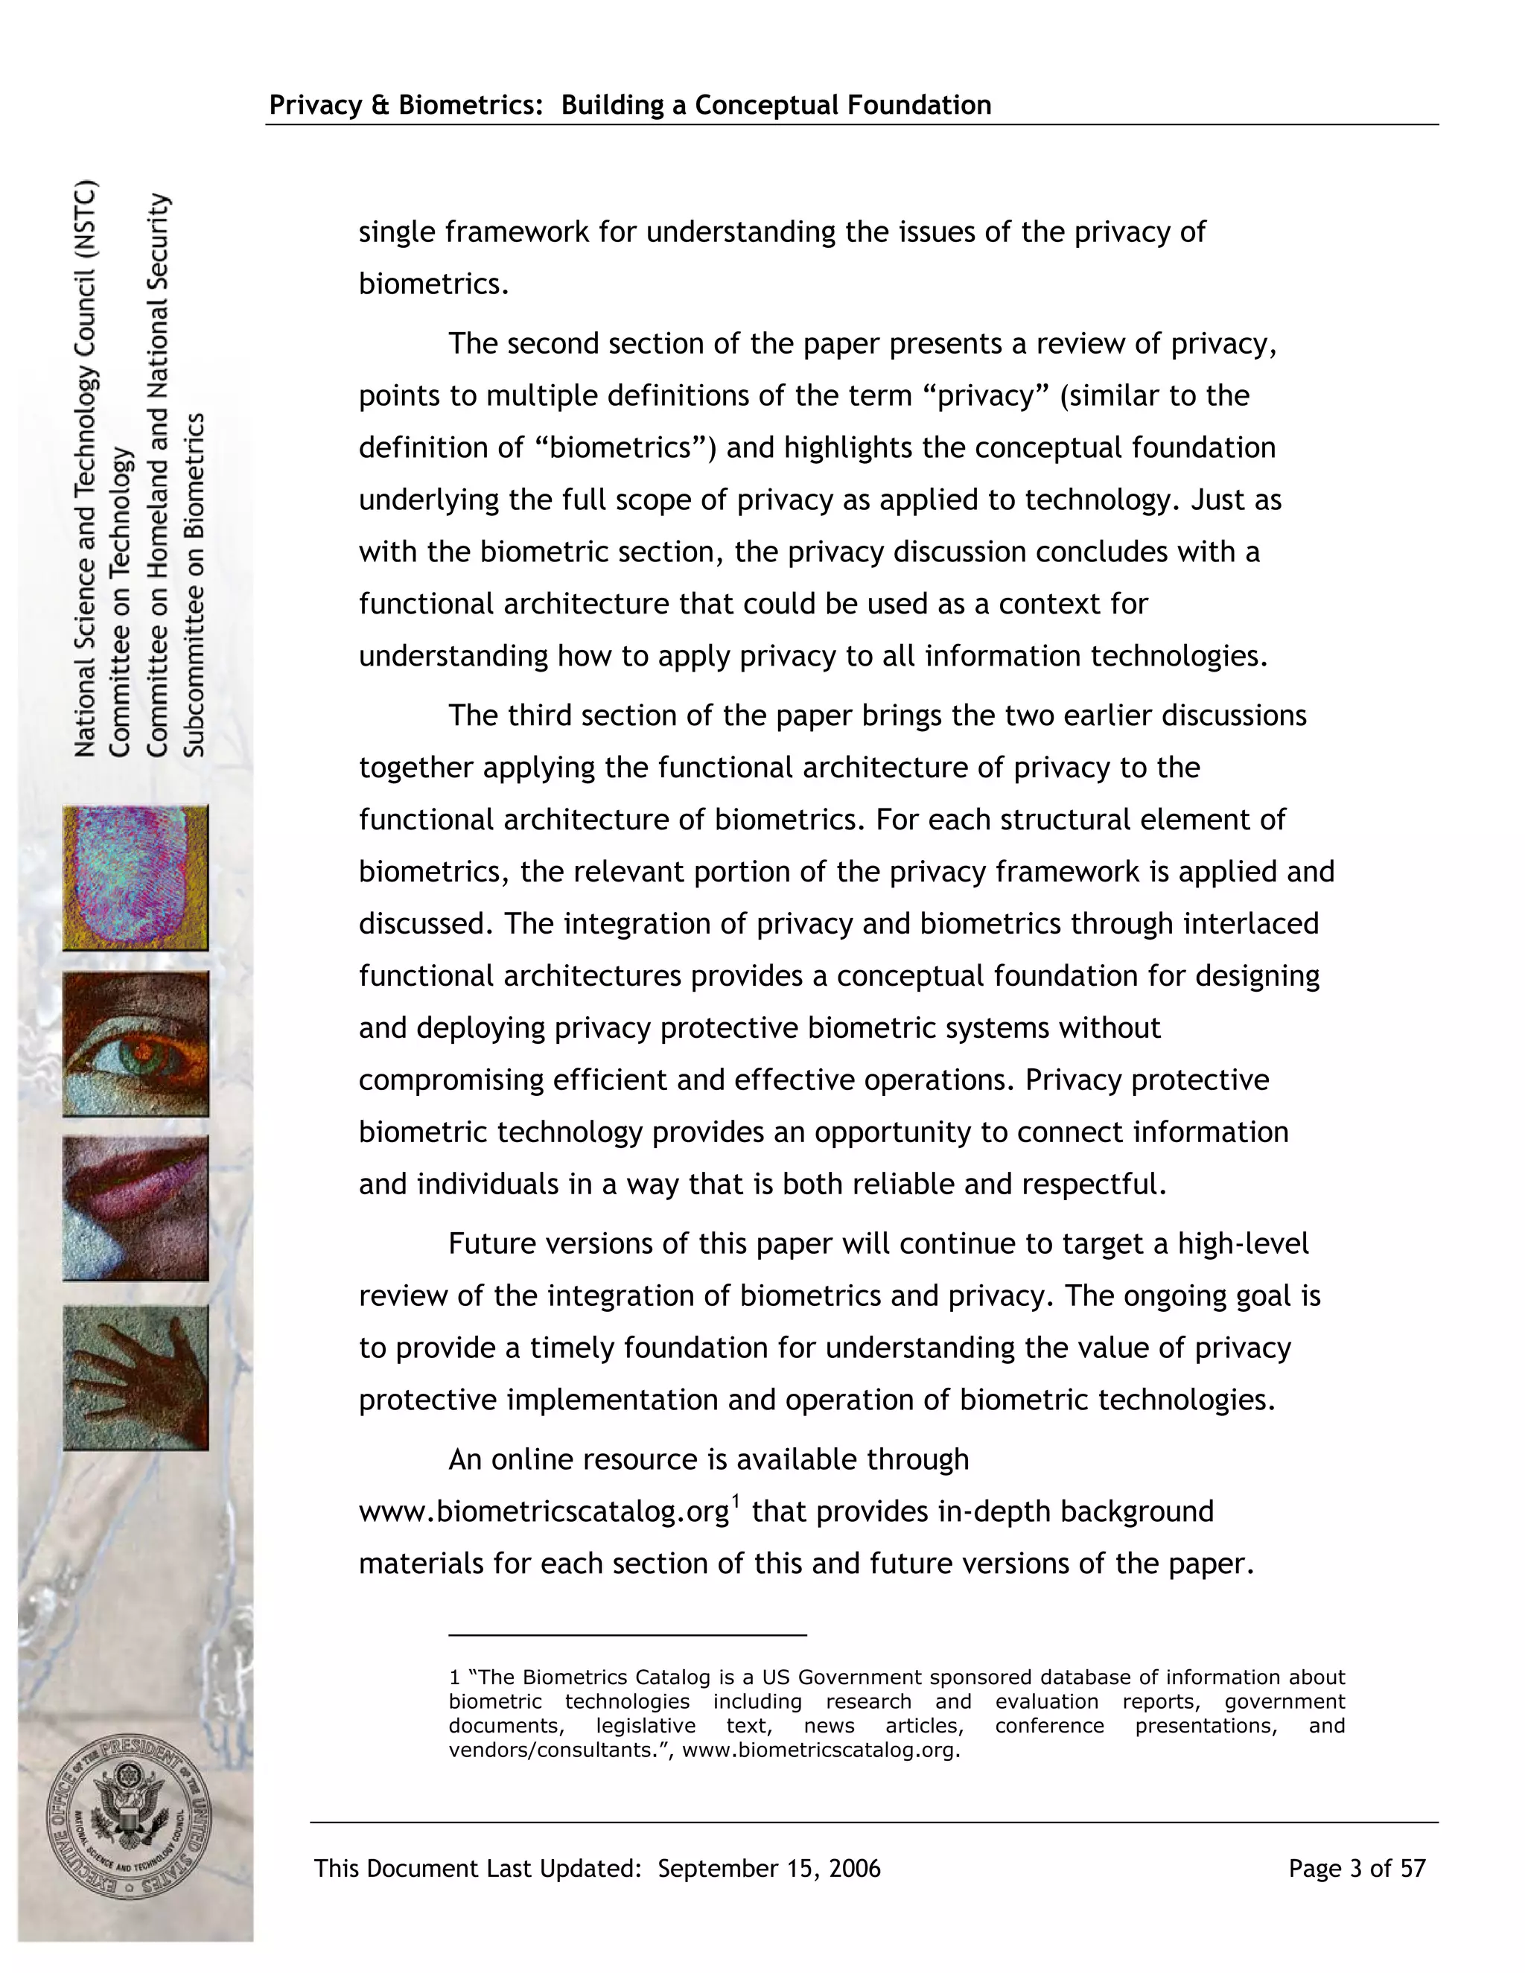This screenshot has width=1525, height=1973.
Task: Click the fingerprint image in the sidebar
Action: [136, 877]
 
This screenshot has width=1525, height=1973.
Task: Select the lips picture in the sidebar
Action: [136, 1208]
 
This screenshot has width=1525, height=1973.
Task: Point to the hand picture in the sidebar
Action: [136, 1377]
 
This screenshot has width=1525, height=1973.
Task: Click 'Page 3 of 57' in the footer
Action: [1356, 1868]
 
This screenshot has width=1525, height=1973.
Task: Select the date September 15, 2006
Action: [768, 1868]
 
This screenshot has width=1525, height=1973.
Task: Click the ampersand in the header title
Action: [380, 106]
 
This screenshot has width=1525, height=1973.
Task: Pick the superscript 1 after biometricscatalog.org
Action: [736, 1502]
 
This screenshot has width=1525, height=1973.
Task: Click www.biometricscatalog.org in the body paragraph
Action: [544, 1512]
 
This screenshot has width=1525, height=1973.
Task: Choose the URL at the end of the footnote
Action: [819, 1750]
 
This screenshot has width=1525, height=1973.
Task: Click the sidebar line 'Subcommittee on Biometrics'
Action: [195, 584]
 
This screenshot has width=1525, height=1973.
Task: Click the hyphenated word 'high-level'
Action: [1242, 1243]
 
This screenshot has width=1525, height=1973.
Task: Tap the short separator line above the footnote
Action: [627, 1635]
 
